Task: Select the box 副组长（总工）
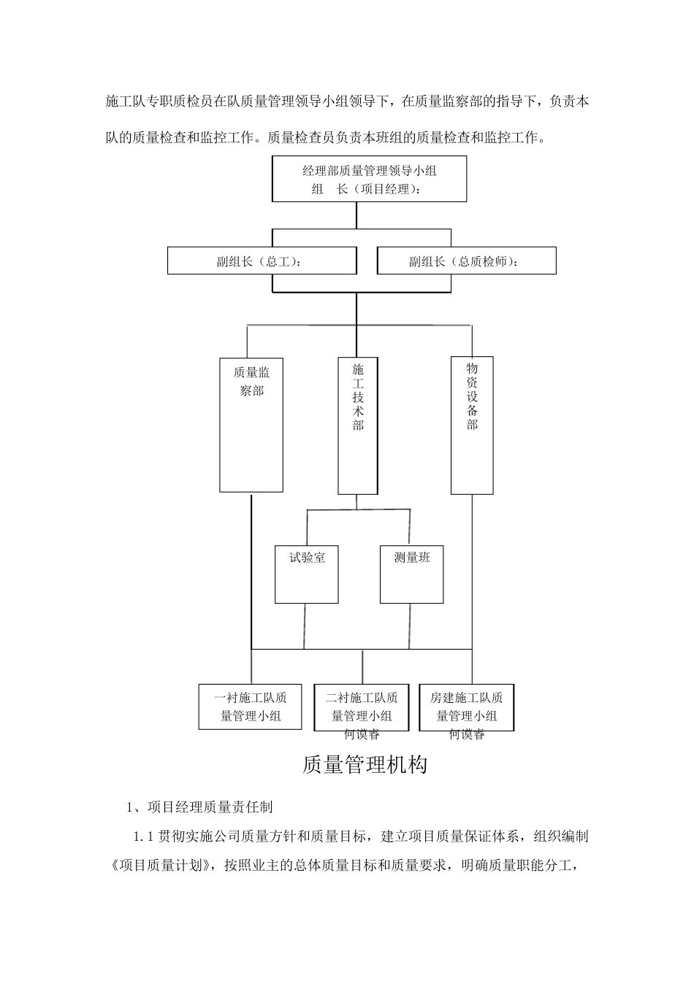[x=262, y=261]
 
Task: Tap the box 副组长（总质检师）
[x=466, y=261]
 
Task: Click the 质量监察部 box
[x=251, y=425]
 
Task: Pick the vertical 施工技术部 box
[x=357, y=426]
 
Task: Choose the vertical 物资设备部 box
[x=472, y=426]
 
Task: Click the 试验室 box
[x=306, y=574]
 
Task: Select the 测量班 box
[x=411, y=574]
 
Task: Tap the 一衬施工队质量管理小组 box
[x=251, y=707]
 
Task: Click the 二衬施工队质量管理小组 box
[x=361, y=707]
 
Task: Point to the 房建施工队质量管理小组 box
[x=466, y=707]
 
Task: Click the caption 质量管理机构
[x=364, y=766]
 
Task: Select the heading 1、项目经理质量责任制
[x=199, y=807]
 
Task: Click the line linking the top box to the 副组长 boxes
[x=356, y=216]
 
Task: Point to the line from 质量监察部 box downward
[x=251, y=569]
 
